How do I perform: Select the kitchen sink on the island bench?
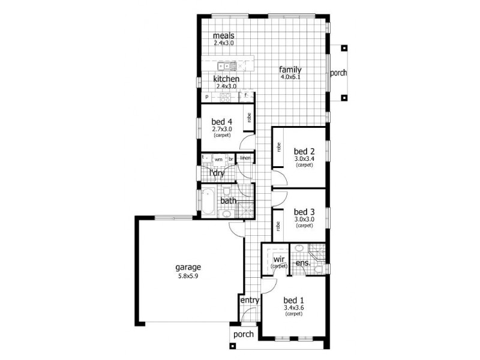[223, 65]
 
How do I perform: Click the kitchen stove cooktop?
[226, 97]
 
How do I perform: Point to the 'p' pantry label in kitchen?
[206, 97]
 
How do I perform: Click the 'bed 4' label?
[221, 121]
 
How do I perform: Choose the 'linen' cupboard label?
[245, 158]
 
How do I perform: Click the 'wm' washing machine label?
[218, 159]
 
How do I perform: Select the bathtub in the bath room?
[207, 201]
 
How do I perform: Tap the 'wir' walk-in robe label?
[277, 259]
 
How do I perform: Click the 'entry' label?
[249, 300]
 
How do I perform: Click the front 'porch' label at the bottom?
[243, 334]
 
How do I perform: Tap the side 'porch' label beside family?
[338, 73]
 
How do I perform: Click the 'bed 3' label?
[304, 212]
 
